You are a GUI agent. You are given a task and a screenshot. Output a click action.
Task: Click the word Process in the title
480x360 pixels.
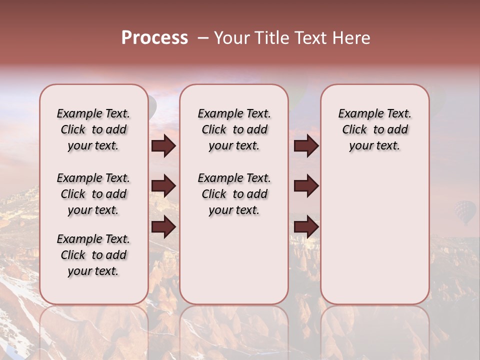pos(154,38)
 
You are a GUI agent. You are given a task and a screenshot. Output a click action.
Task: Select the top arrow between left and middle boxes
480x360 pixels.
pos(163,146)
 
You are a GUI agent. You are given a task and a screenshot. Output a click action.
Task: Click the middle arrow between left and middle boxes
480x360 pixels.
pos(163,186)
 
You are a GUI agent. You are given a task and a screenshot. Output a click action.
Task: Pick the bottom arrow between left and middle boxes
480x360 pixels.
pos(163,227)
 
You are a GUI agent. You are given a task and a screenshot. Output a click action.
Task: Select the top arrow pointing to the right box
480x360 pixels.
pos(306,146)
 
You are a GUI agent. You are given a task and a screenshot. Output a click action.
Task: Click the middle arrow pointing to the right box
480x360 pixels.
pos(306,186)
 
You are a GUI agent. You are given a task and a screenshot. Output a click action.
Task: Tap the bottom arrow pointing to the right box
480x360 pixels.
pos(306,227)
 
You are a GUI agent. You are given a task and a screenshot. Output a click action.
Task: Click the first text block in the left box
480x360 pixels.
pos(93,129)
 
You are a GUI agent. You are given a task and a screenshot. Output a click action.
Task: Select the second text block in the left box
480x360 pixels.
pos(93,194)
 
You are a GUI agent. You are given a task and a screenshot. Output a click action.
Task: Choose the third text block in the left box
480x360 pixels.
pos(93,255)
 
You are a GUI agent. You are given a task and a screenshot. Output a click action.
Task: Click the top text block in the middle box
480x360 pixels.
pos(234,129)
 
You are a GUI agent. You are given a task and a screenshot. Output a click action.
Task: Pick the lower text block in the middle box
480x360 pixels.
pos(234,194)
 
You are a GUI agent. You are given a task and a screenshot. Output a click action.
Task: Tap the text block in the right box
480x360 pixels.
pos(375,129)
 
